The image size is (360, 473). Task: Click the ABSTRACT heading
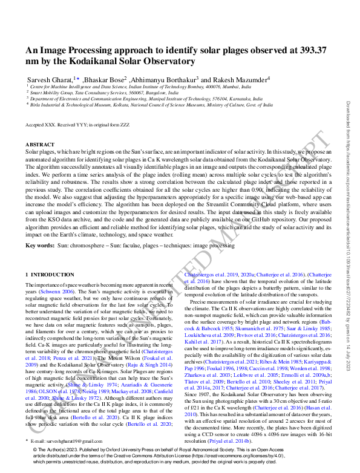tap(40, 145)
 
